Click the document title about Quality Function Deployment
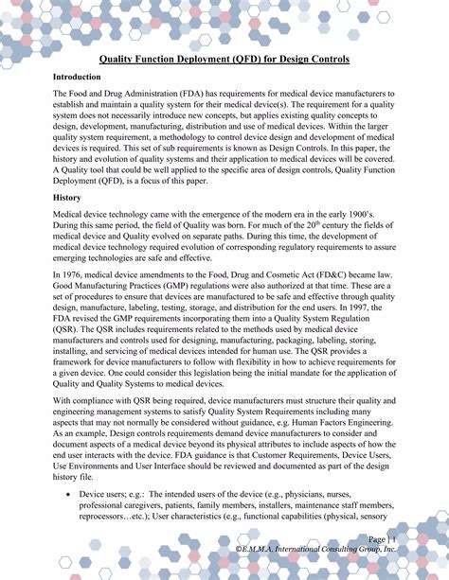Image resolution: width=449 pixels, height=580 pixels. [x=224, y=59]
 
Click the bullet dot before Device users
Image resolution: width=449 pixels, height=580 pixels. [x=63, y=495]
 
